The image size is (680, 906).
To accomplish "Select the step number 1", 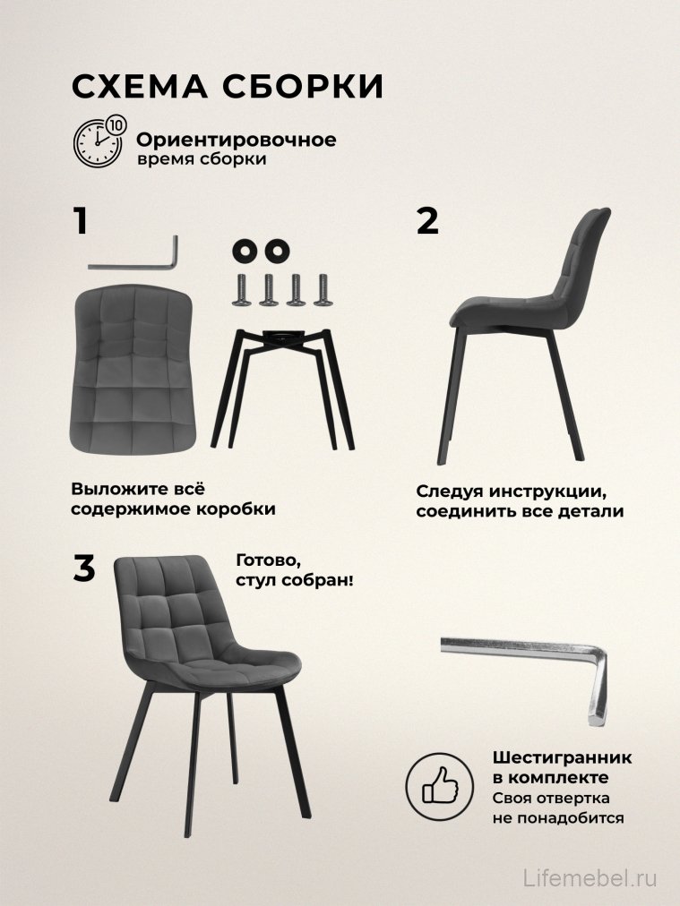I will (x=82, y=220).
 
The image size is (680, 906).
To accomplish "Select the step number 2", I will (x=428, y=220).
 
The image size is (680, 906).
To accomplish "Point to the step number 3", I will (x=83, y=568).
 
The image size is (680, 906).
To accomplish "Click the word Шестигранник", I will (x=561, y=757).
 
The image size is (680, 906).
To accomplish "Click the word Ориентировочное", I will (x=236, y=141).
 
